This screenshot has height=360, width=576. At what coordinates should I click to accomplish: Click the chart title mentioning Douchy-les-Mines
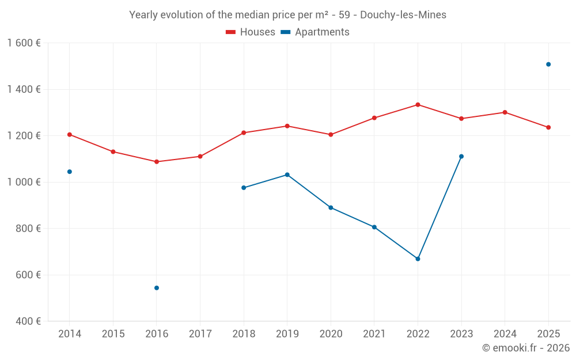pyautogui.click(x=287, y=15)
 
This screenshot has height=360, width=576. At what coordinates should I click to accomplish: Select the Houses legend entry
pyautogui.click(x=251, y=32)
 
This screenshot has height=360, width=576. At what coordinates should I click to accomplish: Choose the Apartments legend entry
pyautogui.click(x=315, y=32)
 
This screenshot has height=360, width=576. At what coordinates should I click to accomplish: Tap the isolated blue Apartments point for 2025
pyautogui.click(x=548, y=65)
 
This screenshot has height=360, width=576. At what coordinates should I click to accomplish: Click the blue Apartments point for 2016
pyautogui.click(x=157, y=288)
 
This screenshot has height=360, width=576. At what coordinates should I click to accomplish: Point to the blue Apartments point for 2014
pyautogui.click(x=70, y=172)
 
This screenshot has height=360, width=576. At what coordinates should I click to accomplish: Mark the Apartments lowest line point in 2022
pyautogui.click(x=418, y=259)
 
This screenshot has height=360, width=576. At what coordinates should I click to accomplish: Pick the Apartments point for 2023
pyautogui.click(x=461, y=157)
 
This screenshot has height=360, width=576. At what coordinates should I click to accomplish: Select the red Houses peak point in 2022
pyautogui.click(x=418, y=105)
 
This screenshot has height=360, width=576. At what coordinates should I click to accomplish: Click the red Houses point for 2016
pyautogui.click(x=157, y=162)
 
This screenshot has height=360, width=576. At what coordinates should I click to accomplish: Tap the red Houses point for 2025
pyautogui.click(x=548, y=127)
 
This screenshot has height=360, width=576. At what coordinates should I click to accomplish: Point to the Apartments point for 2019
pyautogui.click(x=287, y=175)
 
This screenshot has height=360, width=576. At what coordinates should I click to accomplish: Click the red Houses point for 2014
pyautogui.click(x=70, y=135)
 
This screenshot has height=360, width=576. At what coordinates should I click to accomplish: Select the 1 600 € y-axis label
pyautogui.click(x=24, y=43)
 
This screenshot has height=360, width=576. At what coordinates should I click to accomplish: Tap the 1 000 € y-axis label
pyautogui.click(x=24, y=182)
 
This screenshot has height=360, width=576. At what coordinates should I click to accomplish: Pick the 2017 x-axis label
pyautogui.click(x=200, y=334)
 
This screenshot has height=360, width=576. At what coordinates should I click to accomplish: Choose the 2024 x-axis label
pyautogui.click(x=505, y=334)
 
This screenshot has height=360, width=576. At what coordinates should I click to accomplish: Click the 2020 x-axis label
pyautogui.click(x=331, y=334)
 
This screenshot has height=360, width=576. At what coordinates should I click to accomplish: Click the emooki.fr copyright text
pyautogui.click(x=525, y=348)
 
